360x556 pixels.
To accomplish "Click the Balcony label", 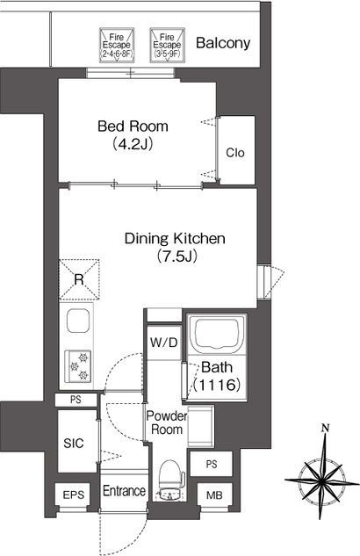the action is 223,43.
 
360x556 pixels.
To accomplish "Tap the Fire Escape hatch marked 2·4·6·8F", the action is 117,46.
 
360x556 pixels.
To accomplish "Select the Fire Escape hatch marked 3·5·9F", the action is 167,46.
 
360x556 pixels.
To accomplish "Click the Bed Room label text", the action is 133,126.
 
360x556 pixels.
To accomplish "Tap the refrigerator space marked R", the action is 79,280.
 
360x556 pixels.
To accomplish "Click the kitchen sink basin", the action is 77,321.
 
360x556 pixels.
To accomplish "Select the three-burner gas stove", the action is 77,366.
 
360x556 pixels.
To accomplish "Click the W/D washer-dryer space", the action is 163,343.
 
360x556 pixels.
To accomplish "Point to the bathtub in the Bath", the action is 217,334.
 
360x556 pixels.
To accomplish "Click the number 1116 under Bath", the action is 217,385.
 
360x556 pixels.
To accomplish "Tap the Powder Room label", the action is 166,422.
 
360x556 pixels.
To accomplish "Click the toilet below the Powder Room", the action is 171,480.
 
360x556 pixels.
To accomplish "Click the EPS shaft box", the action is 74,495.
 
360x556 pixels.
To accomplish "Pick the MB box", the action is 215,495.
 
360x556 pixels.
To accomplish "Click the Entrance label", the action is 124,491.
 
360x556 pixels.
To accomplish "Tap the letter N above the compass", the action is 325,428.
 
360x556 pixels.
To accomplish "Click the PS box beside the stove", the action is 76,400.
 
